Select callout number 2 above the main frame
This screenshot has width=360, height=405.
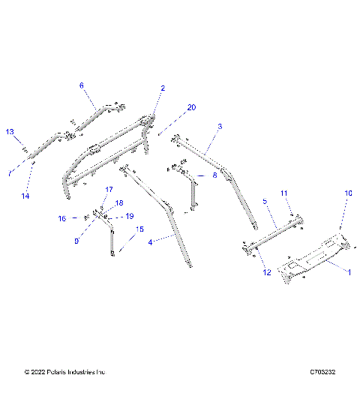(162, 88)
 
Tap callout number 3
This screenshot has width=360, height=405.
(220, 127)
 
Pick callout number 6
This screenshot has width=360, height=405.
(82, 85)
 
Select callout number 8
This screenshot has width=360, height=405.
(214, 175)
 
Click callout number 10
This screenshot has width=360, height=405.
(347, 193)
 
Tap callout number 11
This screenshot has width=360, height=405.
(284, 193)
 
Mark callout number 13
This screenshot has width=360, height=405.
(10, 132)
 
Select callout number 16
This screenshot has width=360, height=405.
(64, 218)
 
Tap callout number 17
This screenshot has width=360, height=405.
(108, 190)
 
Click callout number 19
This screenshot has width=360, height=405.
(129, 216)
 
